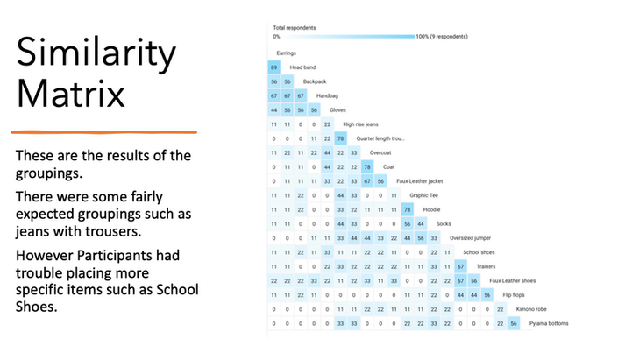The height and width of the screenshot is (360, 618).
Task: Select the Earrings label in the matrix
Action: [281, 53]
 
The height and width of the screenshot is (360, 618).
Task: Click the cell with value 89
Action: [274, 67]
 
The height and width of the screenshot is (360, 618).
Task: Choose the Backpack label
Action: [316, 81]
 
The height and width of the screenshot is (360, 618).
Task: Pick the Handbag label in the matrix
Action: [328, 95]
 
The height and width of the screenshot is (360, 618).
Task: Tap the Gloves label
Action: [337, 109]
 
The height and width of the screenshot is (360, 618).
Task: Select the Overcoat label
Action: [380, 152]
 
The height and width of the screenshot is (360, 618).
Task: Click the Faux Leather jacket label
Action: [419, 180]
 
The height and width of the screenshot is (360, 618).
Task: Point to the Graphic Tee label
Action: [424, 194]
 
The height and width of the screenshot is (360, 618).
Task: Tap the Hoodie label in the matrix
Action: [432, 208]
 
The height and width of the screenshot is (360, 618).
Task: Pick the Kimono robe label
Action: [531, 308]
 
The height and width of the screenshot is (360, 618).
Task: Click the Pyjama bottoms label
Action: [549, 322]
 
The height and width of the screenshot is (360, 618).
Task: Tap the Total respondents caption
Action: [294, 28]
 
